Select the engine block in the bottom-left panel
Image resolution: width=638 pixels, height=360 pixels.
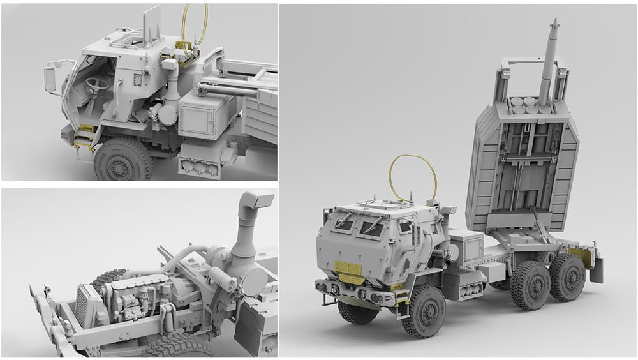click(137, 301)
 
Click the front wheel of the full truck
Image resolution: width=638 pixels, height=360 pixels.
click(422, 311)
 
